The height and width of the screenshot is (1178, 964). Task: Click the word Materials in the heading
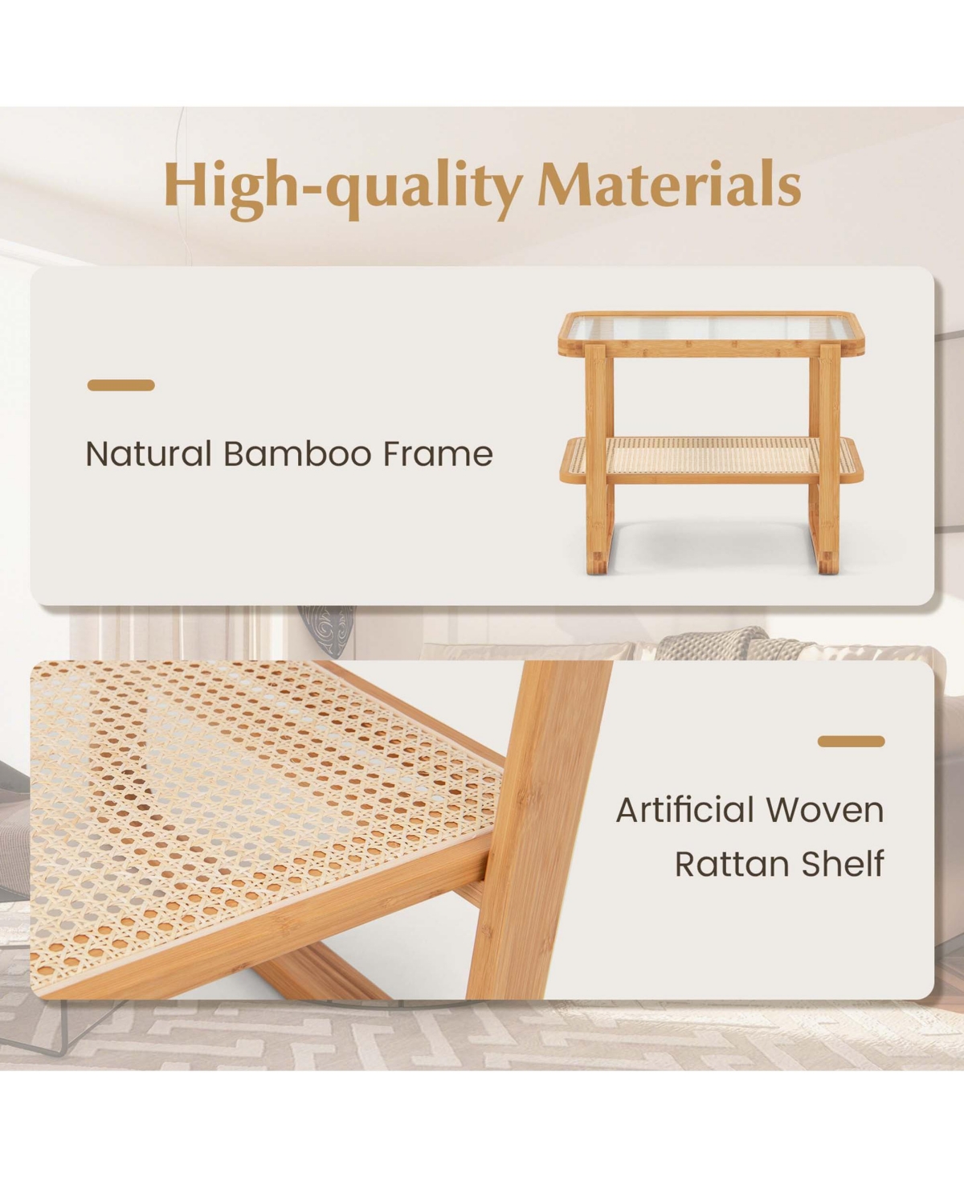[x=669, y=184]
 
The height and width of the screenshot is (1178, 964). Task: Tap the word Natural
[x=149, y=453]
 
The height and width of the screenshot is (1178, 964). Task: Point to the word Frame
[x=438, y=453]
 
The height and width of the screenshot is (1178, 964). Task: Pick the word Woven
[x=824, y=810]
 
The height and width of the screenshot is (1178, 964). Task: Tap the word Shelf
[x=843, y=863]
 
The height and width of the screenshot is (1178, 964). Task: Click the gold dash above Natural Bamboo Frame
[x=120, y=385]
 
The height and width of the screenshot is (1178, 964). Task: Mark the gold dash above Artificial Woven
[x=852, y=741]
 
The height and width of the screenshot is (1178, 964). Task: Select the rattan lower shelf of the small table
[x=712, y=460]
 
